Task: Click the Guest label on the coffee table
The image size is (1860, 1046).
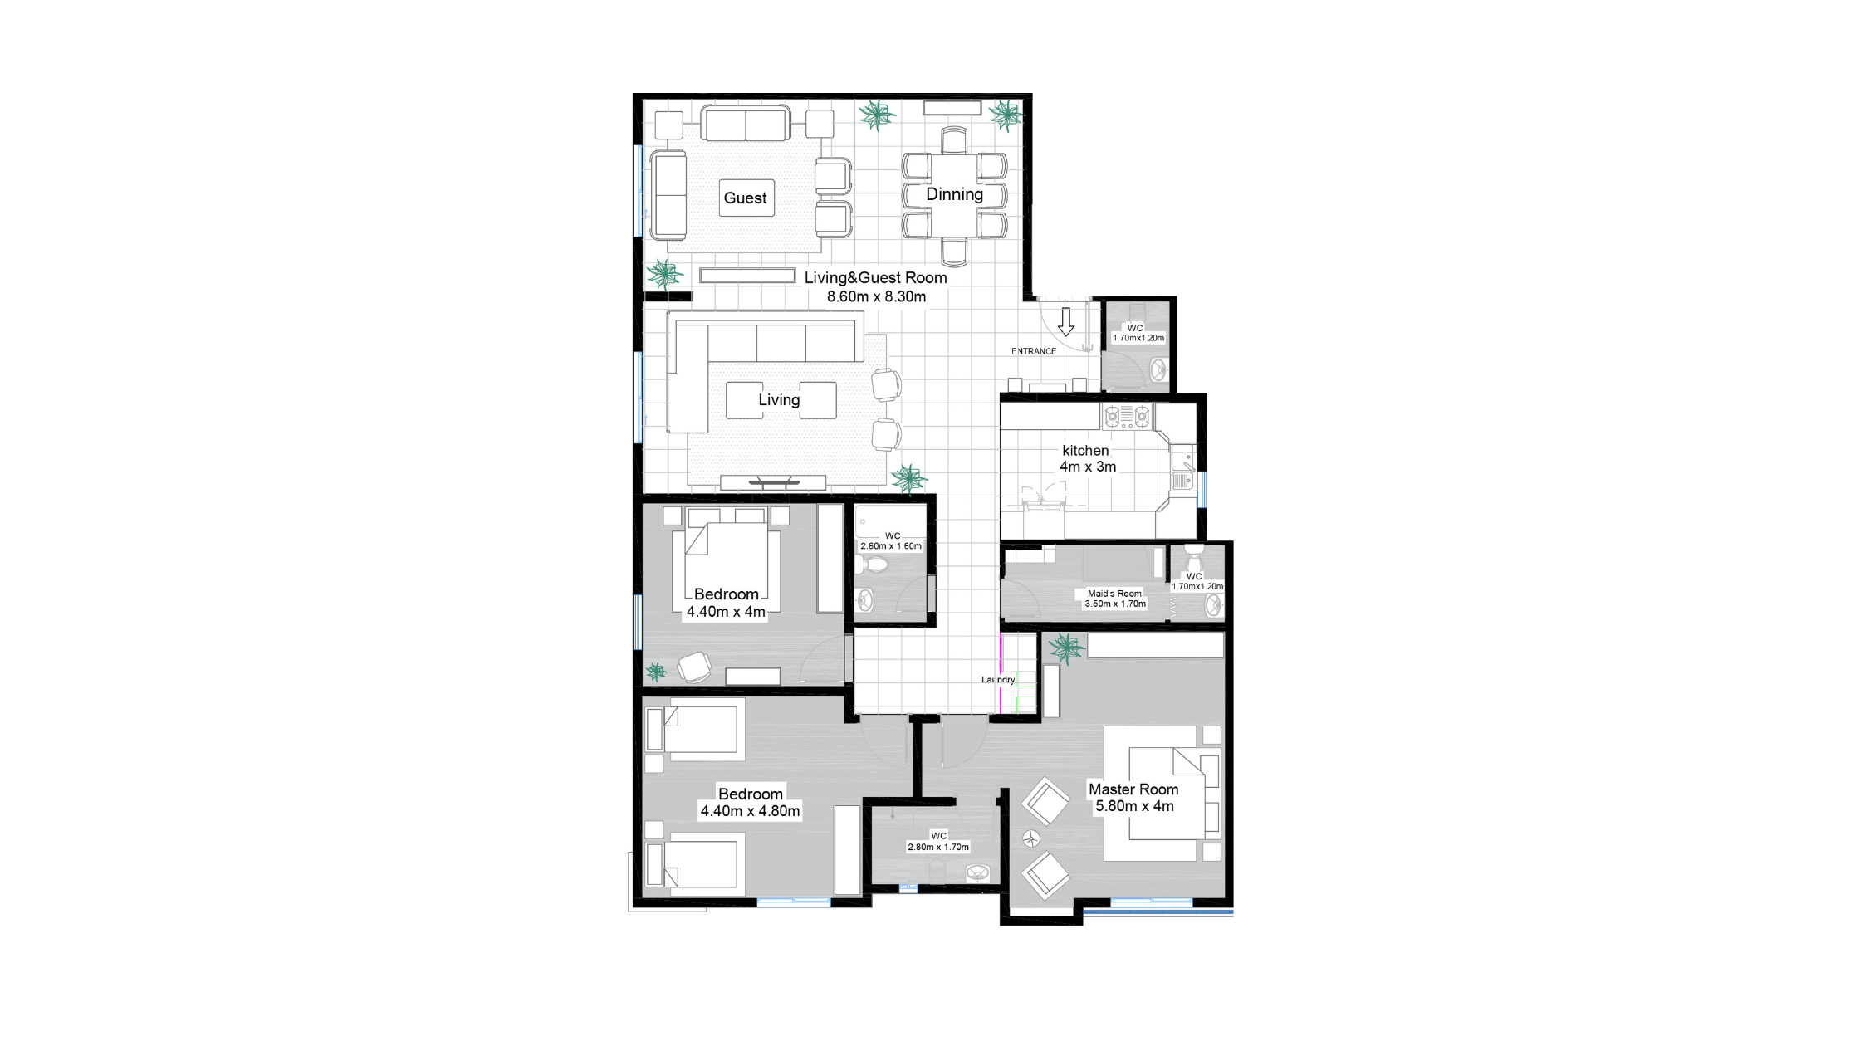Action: point(745,198)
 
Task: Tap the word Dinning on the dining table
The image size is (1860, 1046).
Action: point(954,194)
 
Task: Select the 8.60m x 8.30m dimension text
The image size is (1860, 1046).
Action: point(876,296)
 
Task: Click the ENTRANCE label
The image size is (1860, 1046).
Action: point(1034,351)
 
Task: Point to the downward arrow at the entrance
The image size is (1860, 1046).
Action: point(1066,321)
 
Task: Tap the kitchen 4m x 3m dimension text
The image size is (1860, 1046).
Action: point(1088,467)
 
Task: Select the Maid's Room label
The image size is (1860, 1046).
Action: point(1114,594)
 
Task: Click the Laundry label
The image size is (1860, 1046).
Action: point(998,679)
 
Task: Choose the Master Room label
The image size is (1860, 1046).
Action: point(1133,789)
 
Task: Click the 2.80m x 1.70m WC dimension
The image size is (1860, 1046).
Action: point(938,847)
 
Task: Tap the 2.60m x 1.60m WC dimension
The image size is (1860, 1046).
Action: point(891,546)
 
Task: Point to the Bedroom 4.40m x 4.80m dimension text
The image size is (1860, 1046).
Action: point(751,811)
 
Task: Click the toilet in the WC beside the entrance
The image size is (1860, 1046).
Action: point(1158,368)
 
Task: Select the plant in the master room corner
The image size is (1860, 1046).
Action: point(1065,648)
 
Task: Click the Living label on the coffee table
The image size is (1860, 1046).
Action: point(779,400)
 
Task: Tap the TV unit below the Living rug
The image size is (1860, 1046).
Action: point(773,481)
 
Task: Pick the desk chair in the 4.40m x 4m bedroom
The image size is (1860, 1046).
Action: point(694,667)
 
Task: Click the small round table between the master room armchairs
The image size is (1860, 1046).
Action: point(1030,838)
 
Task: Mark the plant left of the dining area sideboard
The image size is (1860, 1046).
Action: point(877,115)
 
